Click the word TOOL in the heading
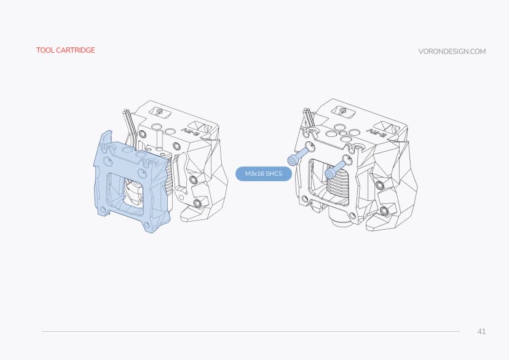pyautogui.click(x=45, y=50)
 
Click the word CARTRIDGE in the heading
pyautogui.click(x=75, y=50)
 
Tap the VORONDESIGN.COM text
pyautogui.click(x=452, y=52)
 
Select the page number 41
pyautogui.click(x=481, y=332)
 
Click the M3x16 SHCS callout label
pyautogui.click(x=264, y=174)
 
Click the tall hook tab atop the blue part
pyautogui.click(x=107, y=139)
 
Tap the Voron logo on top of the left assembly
pyautogui.click(x=159, y=112)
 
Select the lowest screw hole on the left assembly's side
pyautogui.click(x=197, y=203)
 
